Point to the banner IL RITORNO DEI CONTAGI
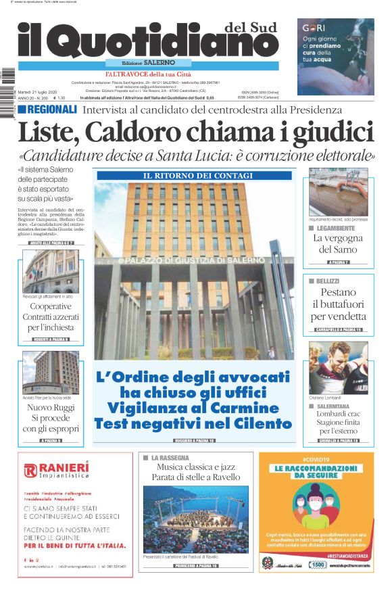tap(194, 175)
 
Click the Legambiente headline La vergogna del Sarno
tap(338, 243)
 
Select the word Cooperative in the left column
tap(51, 306)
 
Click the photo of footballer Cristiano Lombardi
tap(339, 368)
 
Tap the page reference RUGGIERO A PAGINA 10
tap(195, 440)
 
